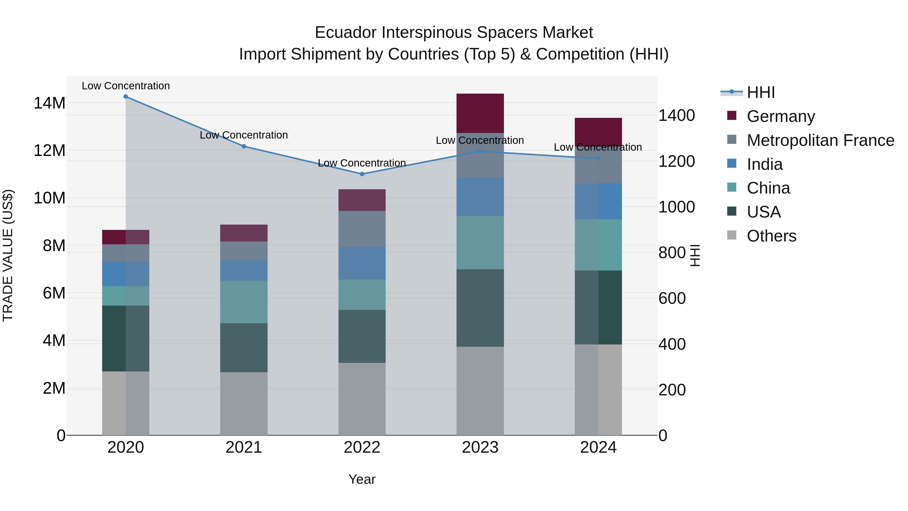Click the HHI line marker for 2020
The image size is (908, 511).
[x=126, y=97]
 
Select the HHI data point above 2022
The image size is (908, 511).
[x=362, y=174]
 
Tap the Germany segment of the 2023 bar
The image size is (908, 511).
[x=480, y=113]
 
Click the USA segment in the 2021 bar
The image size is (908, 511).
[x=244, y=347]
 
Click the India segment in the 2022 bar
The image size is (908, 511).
[x=362, y=263]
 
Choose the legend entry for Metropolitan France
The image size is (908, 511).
[x=820, y=140]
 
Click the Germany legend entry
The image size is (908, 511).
[x=780, y=116]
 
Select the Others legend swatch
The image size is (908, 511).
[x=732, y=235]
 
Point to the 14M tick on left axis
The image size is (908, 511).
[x=49, y=103]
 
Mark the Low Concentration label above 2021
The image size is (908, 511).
[x=244, y=135]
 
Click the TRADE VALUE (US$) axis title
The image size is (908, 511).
[x=8, y=255]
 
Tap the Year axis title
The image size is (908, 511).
[x=362, y=479]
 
